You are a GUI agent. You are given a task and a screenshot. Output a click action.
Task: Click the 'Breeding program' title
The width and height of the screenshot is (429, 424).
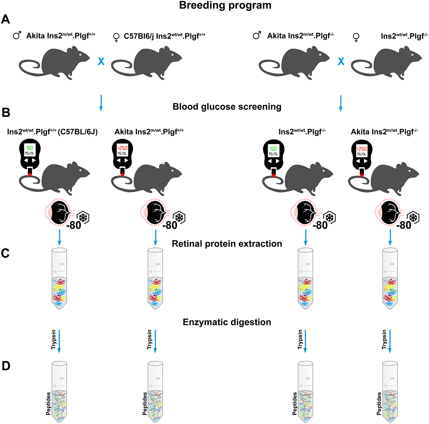point(225,5)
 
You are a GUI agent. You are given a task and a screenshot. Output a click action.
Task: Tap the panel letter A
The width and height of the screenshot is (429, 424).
point(6,20)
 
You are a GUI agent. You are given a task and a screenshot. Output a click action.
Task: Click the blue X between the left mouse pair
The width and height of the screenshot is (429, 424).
point(101,61)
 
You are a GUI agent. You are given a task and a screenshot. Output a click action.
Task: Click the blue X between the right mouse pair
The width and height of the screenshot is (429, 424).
point(341,61)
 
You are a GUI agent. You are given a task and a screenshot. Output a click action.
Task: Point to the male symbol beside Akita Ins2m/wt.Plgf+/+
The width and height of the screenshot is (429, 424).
point(17,36)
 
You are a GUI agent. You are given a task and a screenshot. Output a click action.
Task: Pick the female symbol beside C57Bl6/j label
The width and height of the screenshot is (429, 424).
point(116,37)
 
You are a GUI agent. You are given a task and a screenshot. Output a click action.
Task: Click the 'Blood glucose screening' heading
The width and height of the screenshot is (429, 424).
point(227,107)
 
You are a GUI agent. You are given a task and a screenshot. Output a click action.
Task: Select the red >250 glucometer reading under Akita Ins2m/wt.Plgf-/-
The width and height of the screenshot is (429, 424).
point(362,149)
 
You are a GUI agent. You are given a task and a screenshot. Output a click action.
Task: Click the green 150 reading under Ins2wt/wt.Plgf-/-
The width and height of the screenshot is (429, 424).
point(273,149)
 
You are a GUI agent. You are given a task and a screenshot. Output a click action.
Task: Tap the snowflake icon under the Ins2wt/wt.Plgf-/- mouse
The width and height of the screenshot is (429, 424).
point(329,218)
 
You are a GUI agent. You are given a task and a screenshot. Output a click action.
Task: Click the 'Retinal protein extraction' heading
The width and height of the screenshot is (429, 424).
point(227,244)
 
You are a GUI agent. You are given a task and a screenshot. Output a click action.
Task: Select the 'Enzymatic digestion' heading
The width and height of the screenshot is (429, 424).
point(227,322)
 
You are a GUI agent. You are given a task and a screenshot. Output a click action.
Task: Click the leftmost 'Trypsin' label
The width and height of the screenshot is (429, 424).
point(53,339)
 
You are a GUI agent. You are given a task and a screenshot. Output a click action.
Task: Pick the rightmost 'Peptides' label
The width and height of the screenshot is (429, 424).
point(379,403)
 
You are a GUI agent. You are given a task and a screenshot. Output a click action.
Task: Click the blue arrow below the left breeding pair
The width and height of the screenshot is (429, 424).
point(101,103)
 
